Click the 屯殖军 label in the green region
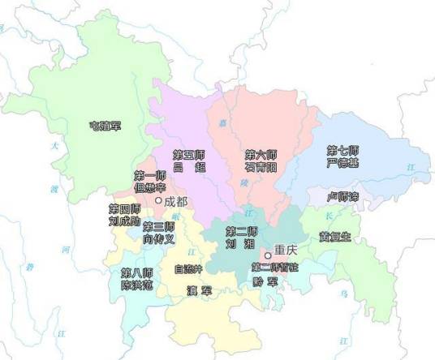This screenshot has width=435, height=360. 105,126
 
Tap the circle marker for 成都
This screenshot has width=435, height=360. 159,199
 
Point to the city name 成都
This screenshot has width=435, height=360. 175,201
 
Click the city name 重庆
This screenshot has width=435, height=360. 286,251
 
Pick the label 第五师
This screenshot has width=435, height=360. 189,153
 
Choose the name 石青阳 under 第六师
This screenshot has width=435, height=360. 261,165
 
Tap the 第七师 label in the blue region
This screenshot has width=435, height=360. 342,151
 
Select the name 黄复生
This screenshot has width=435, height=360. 335,237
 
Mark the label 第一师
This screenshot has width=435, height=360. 150,176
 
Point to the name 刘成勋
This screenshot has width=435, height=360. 124,221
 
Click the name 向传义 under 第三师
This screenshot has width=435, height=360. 159,239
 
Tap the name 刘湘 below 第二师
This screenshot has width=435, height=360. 242,242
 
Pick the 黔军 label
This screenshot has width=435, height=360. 265,281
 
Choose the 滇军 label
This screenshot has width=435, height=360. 199,289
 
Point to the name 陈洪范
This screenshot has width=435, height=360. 136,285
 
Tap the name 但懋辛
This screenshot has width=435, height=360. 150,188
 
